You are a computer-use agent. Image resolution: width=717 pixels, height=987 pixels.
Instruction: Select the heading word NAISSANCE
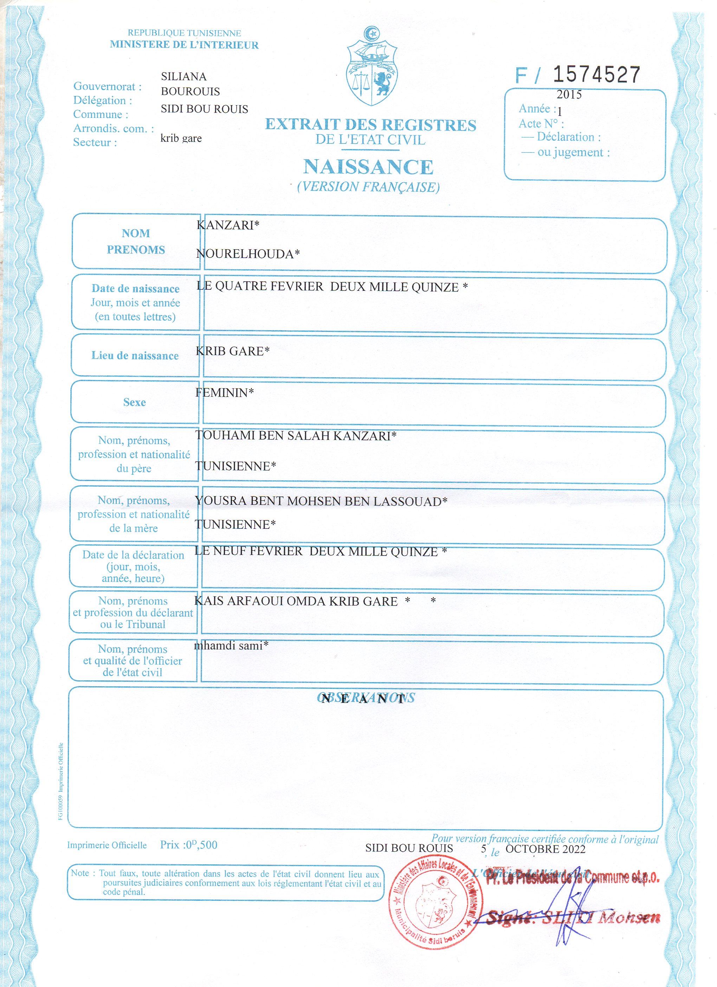(368, 167)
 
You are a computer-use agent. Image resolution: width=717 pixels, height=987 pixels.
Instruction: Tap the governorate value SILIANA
(183, 77)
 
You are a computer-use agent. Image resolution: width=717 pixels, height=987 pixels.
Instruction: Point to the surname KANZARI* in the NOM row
(227, 225)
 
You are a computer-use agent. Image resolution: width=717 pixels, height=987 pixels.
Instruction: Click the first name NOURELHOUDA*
(247, 254)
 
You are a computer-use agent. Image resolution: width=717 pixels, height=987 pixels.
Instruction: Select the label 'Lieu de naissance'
(135, 355)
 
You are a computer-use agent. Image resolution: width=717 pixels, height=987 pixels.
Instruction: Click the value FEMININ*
(225, 392)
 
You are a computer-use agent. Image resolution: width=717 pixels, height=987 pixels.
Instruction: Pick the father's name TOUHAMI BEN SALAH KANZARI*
(296, 436)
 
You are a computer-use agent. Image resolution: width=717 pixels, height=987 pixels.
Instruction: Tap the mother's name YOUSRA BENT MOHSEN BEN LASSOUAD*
(321, 501)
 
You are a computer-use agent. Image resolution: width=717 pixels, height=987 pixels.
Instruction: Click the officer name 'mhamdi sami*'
(231, 645)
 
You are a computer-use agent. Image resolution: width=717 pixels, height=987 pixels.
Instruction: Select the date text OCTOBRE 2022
(545, 849)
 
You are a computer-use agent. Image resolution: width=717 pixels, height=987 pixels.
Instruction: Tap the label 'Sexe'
(134, 402)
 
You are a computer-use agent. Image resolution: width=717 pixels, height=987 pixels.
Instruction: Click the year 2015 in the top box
(569, 95)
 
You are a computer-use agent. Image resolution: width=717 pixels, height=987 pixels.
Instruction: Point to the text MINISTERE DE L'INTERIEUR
(184, 45)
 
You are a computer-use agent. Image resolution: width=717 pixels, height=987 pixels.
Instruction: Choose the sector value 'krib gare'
(181, 139)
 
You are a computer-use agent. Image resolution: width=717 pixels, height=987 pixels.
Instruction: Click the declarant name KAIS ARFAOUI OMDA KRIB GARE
(296, 601)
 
